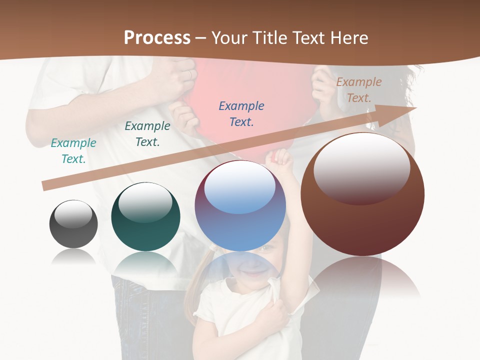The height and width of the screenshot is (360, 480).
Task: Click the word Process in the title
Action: tap(157, 38)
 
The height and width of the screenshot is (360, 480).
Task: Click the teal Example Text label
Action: tap(73, 151)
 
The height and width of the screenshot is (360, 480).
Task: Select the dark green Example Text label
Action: tap(147, 134)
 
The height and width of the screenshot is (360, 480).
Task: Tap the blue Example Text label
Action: tap(241, 114)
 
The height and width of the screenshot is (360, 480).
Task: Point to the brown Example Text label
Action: tap(359, 90)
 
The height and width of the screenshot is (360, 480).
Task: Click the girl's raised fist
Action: tap(279, 159)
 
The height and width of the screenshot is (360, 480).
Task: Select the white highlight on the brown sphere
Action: tap(361, 167)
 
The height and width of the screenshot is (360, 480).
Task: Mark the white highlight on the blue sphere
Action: tap(240, 187)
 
